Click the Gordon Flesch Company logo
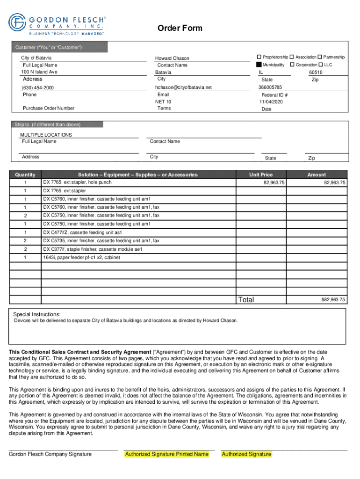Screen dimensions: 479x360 (57, 24)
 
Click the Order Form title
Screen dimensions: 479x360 (180, 29)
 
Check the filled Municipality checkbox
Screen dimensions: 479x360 (259, 65)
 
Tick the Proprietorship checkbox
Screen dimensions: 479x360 (259, 57)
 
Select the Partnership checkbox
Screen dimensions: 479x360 (320, 57)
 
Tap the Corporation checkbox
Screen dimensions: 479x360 (292, 65)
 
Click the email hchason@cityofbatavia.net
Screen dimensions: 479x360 (184, 87)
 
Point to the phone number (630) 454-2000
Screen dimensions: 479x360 (37, 88)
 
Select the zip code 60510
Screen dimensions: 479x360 (316, 73)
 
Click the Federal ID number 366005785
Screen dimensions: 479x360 (270, 87)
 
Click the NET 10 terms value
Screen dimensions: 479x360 (163, 102)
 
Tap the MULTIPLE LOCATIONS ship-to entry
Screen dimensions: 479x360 (46, 135)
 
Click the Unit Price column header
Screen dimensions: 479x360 (260, 174)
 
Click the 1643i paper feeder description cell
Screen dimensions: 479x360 (81, 258)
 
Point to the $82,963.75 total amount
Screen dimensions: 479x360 (333, 299)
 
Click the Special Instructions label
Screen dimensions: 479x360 (36, 314)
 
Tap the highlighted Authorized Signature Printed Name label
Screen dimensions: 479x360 (166, 454)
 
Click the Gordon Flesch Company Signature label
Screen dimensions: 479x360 (50, 454)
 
